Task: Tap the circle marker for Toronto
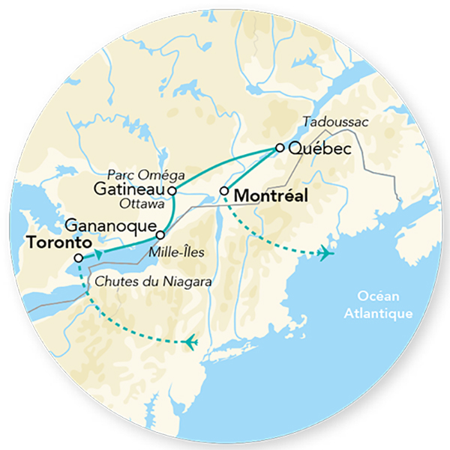coord(79,258)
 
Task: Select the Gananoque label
coord(110,224)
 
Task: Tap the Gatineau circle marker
coord(172,191)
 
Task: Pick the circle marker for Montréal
coord(224,192)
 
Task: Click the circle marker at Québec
coord(280,148)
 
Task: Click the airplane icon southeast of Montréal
coord(324,254)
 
